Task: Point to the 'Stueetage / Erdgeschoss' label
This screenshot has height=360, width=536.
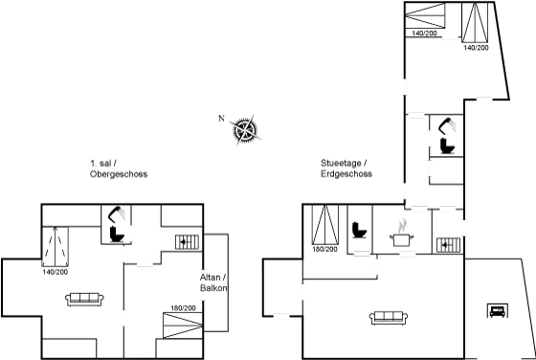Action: click(x=346, y=169)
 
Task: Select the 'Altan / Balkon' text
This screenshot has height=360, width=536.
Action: click(x=212, y=282)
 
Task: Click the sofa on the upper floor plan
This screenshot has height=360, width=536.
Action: click(x=84, y=299)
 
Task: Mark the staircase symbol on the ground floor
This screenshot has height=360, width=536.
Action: click(x=447, y=244)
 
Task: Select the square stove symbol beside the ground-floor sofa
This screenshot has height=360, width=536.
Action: click(x=497, y=309)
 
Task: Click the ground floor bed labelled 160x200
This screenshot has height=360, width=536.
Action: click(x=324, y=227)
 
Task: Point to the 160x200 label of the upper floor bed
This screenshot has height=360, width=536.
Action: click(x=181, y=308)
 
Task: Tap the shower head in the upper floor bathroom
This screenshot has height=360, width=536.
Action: click(x=117, y=218)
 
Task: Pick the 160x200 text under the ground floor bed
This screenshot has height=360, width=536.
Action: click(x=324, y=250)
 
